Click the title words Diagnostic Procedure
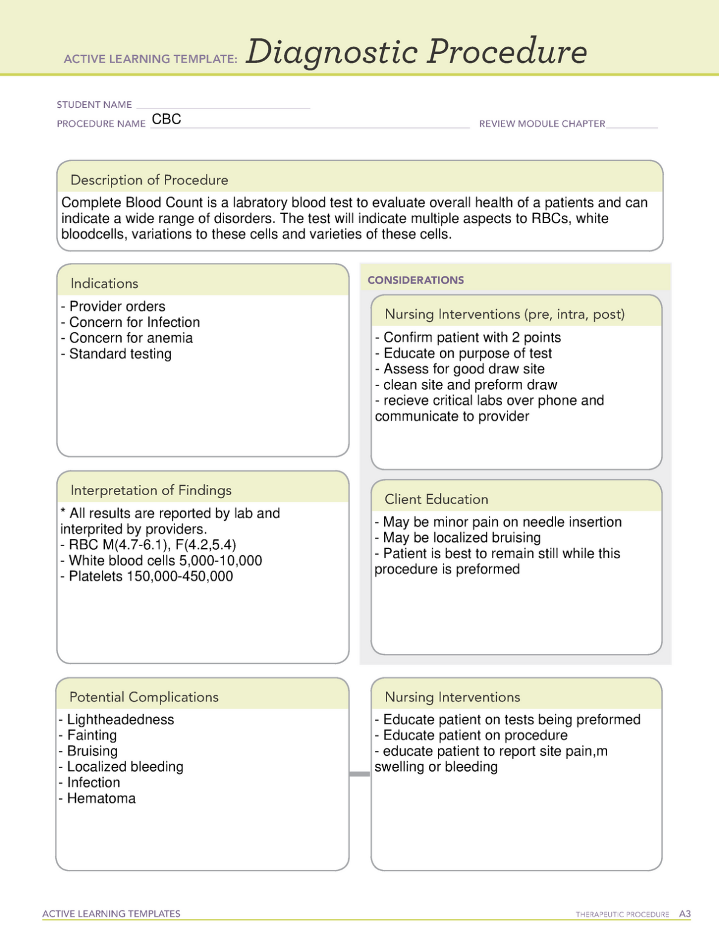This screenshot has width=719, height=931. (x=416, y=52)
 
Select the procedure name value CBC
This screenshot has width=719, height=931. (x=167, y=119)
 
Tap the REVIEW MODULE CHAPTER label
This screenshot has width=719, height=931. (x=542, y=124)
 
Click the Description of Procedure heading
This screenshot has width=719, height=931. (x=149, y=180)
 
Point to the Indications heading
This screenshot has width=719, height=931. (x=104, y=284)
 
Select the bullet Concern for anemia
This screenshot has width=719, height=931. (x=131, y=338)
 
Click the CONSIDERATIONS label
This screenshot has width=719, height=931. (x=416, y=280)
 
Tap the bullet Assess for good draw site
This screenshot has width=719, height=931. (x=463, y=369)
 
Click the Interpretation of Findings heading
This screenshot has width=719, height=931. (x=151, y=490)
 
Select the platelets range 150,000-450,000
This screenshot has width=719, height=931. (x=179, y=576)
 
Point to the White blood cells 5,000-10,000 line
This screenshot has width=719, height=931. (x=165, y=561)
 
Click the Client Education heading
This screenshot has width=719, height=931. (x=436, y=499)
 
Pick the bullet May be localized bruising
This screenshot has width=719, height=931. (x=462, y=538)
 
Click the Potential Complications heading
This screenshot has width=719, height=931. (x=144, y=697)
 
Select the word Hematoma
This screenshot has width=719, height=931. (x=101, y=799)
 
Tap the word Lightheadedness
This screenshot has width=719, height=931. (x=120, y=719)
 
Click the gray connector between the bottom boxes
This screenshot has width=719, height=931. (x=360, y=774)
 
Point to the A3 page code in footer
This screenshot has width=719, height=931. (x=684, y=914)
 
